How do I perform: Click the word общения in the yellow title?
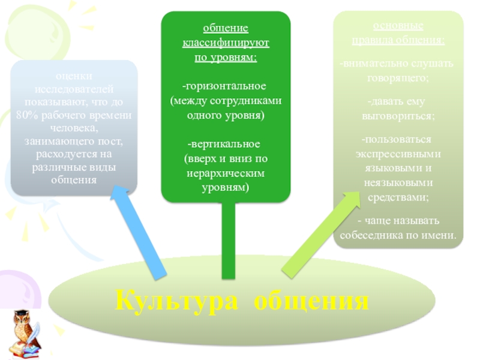(x=309, y=299)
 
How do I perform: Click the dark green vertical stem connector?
(x=228, y=240)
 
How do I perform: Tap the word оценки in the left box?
(x=74, y=76)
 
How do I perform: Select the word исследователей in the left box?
(x=74, y=89)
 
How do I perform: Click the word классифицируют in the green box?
(x=226, y=44)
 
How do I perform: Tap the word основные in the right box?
(x=398, y=27)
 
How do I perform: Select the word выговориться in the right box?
(x=398, y=115)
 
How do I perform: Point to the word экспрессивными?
(x=398, y=153)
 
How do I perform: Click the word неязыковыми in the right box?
(x=398, y=182)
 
